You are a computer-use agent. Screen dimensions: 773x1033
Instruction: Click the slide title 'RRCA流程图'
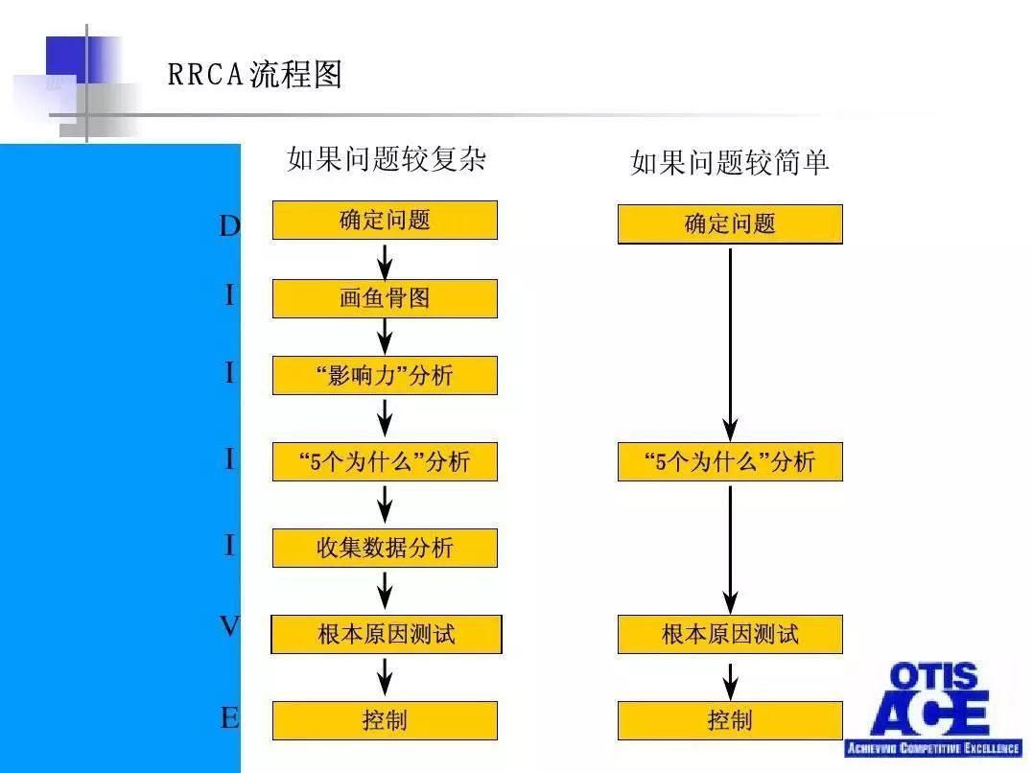click(254, 75)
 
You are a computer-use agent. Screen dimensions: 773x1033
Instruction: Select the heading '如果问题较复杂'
click(386, 158)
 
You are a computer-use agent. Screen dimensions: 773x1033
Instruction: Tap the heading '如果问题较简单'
click(729, 162)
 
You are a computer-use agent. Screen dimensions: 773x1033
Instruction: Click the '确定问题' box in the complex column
click(385, 221)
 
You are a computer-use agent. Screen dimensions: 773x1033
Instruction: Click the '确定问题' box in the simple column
click(729, 224)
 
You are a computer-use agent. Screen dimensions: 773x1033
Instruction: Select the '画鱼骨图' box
click(385, 298)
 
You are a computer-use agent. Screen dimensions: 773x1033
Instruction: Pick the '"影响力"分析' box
click(385, 375)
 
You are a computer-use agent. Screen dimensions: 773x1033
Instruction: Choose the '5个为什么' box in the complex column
click(385, 461)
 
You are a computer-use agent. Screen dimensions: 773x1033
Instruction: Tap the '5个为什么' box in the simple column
click(729, 461)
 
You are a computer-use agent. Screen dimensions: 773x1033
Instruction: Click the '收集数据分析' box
click(385, 548)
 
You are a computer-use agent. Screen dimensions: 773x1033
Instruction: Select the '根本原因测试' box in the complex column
click(386, 634)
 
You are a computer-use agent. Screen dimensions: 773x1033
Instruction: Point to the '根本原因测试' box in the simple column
click(729, 634)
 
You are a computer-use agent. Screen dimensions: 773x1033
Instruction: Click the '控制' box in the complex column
click(385, 720)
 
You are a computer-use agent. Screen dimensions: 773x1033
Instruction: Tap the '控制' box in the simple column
click(729, 720)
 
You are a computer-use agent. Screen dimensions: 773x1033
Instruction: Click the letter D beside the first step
click(229, 226)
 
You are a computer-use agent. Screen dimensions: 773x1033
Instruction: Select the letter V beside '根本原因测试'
click(229, 626)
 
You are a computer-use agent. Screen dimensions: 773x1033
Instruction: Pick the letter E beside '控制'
click(229, 717)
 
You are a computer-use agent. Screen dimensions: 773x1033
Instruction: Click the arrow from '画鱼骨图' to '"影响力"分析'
click(385, 337)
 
